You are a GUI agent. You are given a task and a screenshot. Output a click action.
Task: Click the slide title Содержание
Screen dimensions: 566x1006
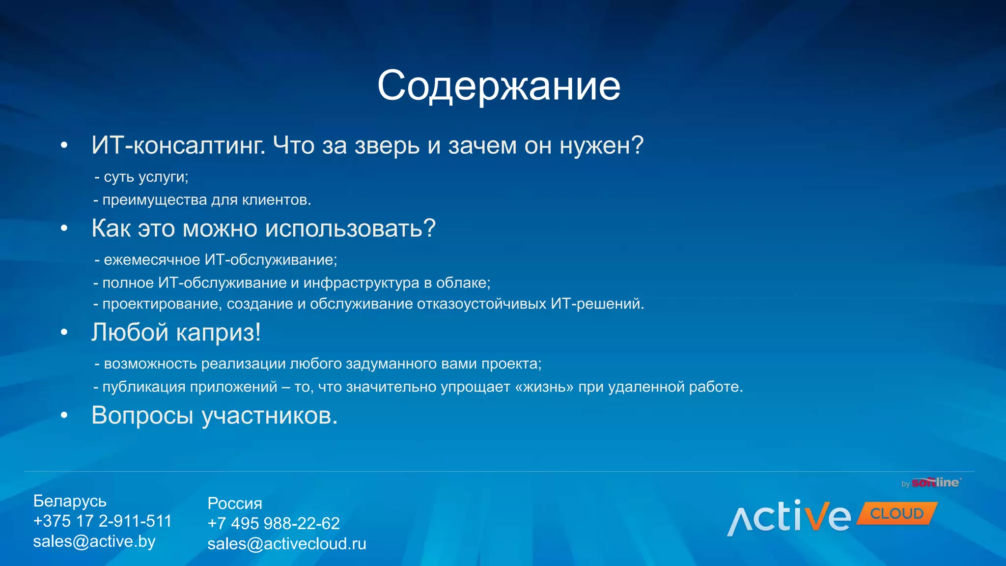pyautogui.click(x=499, y=86)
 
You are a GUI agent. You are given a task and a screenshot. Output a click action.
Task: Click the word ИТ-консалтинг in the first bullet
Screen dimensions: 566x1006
pyautogui.click(x=178, y=146)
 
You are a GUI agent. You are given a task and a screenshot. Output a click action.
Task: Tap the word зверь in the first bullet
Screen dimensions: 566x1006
pyautogui.click(x=387, y=146)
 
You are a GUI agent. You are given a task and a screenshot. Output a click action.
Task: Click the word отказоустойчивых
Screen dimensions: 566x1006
pyautogui.click(x=481, y=304)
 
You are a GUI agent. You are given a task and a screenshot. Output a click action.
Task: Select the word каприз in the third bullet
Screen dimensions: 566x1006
pyautogui.click(x=218, y=333)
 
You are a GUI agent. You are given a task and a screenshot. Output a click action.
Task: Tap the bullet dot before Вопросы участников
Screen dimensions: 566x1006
pyautogui.click(x=64, y=416)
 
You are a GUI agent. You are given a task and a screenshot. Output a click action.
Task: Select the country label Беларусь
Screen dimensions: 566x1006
pyautogui.click(x=70, y=501)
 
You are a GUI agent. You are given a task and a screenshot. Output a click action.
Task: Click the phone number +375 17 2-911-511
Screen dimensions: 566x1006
pyautogui.click(x=102, y=521)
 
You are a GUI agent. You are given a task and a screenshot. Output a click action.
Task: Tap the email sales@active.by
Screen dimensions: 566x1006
pyautogui.click(x=94, y=541)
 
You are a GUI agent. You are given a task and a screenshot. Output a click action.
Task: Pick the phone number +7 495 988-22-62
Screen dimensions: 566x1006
pyautogui.click(x=273, y=524)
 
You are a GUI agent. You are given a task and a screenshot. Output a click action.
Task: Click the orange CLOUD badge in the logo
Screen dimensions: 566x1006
pyautogui.click(x=896, y=514)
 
